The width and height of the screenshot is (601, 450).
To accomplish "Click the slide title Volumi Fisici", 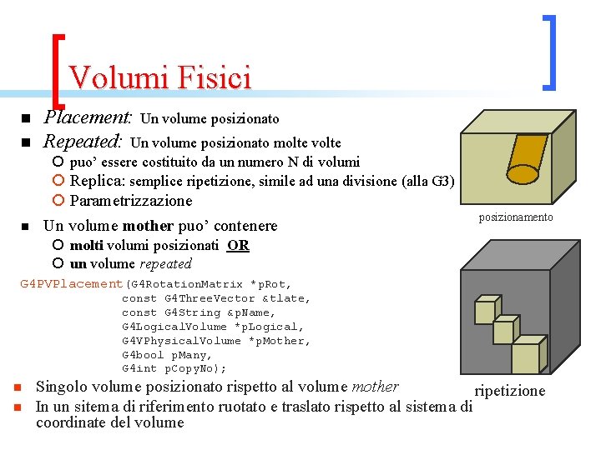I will (x=159, y=77).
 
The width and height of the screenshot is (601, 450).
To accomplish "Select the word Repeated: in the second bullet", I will (x=83, y=142).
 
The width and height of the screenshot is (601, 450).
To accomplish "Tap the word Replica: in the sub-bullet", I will (x=98, y=181).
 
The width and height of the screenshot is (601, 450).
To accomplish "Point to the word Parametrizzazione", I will (x=131, y=200).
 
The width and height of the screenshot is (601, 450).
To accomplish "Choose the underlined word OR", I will (x=238, y=245).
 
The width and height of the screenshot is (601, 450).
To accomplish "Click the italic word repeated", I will (x=165, y=263).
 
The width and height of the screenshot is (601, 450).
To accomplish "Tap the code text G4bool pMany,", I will (x=167, y=354).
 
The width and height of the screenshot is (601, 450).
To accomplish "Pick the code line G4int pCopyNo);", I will (x=174, y=368).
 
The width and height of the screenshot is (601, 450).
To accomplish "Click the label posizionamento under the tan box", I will (x=515, y=217).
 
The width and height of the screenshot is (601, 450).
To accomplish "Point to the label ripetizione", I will (x=509, y=391).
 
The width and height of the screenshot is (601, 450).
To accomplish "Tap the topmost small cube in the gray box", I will (x=486, y=310).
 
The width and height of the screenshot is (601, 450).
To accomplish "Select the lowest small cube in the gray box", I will (x=525, y=357).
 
